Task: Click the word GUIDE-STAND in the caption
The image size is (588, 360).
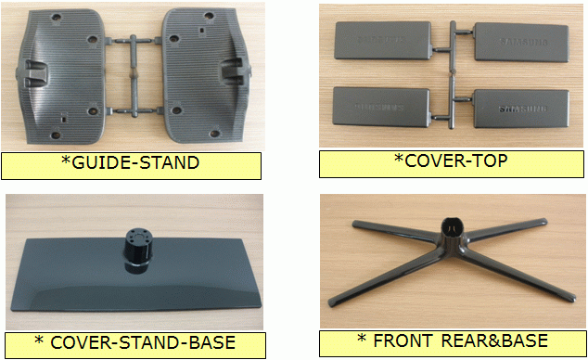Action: (x=135, y=162)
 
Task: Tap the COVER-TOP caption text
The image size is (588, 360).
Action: (x=456, y=161)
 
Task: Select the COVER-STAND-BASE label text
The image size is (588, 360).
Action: (x=143, y=342)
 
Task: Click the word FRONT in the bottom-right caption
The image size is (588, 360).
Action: (x=403, y=341)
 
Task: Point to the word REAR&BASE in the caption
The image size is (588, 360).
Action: (x=494, y=341)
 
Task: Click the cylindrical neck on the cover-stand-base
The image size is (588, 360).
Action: (x=138, y=251)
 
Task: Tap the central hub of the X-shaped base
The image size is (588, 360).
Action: (x=452, y=231)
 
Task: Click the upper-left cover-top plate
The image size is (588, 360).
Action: (x=382, y=40)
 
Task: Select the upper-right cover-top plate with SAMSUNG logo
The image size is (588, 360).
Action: (x=521, y=42)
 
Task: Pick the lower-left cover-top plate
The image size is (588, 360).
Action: (x=381, y=107)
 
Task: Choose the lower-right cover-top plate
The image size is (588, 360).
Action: (x=521, y=109)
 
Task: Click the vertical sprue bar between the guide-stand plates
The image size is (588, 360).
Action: (x=134, y=76)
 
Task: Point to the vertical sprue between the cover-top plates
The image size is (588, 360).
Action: (x=453, y=74)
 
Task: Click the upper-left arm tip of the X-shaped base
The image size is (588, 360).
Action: (x=355, y=225)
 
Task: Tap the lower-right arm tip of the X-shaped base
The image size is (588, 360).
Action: (x=571, y=298)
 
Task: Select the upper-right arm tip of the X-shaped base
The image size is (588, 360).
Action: (x=543, y=222)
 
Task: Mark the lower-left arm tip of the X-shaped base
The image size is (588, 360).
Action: (x=332, y=302)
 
